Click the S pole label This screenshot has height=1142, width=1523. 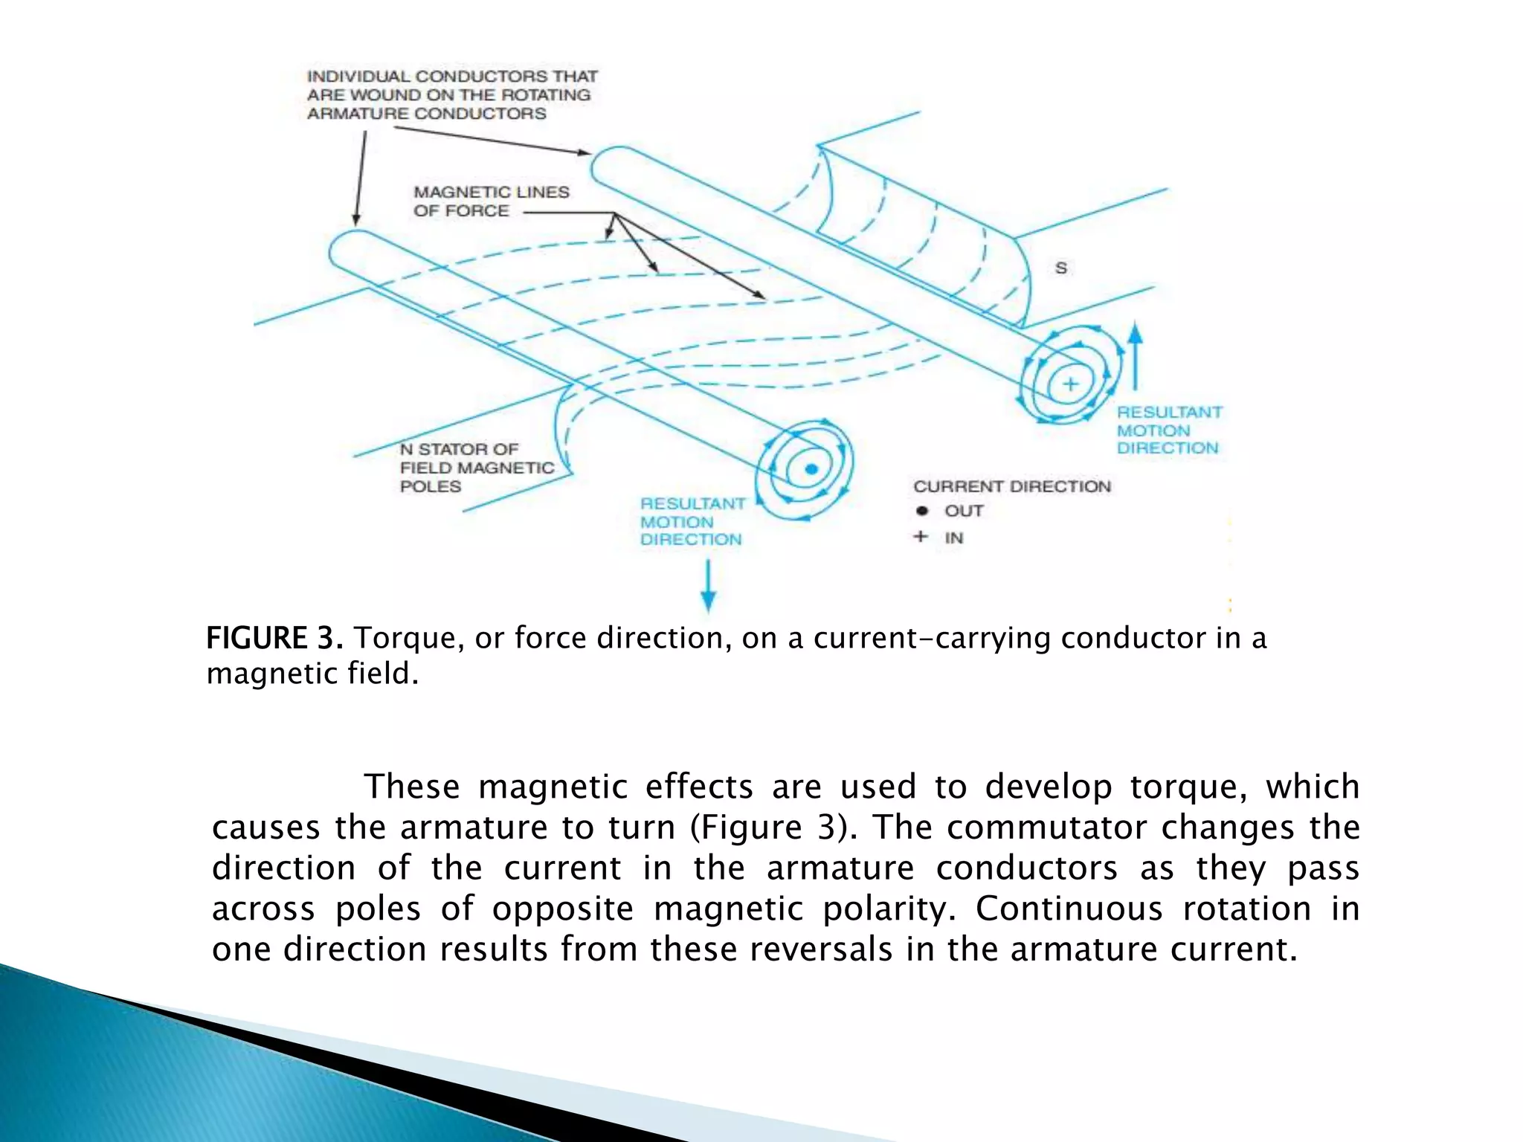pos(1061,268)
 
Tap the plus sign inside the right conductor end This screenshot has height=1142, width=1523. pos(1070,384)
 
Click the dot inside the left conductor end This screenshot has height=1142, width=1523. pos(811,469)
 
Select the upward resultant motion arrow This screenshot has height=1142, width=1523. pos(1135,357)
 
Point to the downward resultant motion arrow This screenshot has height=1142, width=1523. pos(708,587)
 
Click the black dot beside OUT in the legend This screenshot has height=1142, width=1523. pos(922,511)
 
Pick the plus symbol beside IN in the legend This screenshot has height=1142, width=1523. pos(921,536)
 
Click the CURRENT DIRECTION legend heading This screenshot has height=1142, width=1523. pos(1011,486)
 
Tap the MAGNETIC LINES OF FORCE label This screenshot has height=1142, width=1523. pos(491,201)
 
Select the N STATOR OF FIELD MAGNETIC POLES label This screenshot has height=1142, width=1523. pos(477,468)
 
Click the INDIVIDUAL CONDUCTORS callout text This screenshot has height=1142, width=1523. pos(452,95)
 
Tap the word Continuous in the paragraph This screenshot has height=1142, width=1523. pos(1069,909)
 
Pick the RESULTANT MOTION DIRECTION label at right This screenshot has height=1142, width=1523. pos(1169,430)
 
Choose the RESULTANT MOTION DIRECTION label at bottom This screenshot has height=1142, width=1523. pos(692,521)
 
